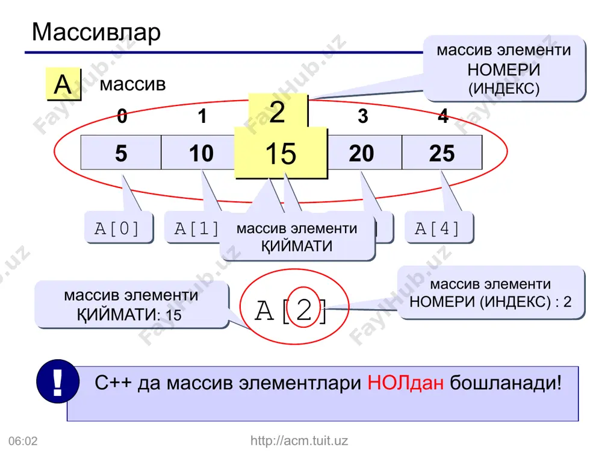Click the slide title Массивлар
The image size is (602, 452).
(96, 33)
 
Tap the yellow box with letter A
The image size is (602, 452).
(63, 84)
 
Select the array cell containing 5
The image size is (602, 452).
(121, 152)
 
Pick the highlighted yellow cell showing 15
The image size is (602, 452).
(281, 153)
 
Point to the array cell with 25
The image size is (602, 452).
(442, 152)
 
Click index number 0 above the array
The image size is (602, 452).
(122, 116)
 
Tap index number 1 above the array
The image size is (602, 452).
(202, 116)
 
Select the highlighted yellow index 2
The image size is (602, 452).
(278, 111)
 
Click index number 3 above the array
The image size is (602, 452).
(363, 116)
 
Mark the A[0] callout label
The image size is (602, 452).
(119, 228)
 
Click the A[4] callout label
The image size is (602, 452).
(439, 228)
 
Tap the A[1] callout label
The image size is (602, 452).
(193, 228)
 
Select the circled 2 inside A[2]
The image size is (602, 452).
(303, 307)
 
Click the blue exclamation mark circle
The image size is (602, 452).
(58, 381)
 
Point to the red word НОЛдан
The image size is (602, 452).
(405, 383)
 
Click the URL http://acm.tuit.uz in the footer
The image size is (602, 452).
(299, 441)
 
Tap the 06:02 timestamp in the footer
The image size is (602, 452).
(23, 441)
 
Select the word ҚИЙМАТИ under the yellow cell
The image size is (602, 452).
(297, 246)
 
